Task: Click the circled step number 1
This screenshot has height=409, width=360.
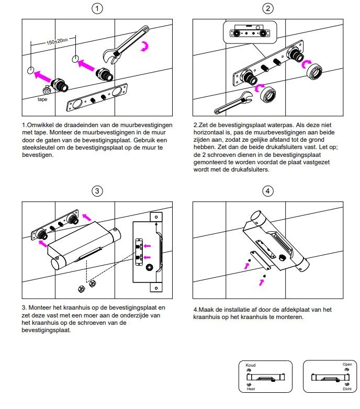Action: coord(97,8)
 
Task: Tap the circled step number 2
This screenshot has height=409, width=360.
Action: coord(268,8)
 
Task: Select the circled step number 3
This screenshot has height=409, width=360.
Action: coord(97,191)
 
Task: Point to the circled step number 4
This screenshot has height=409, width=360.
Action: coord(268,191)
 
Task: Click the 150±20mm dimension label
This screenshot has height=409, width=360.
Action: coord(52,41)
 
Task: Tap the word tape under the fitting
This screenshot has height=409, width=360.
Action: coord(42,98)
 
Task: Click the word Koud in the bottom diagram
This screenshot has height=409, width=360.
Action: coord(251,365)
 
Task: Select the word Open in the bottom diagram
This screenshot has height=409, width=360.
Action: coord(347,364)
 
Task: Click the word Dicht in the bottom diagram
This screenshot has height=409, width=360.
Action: coord(347,389)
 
